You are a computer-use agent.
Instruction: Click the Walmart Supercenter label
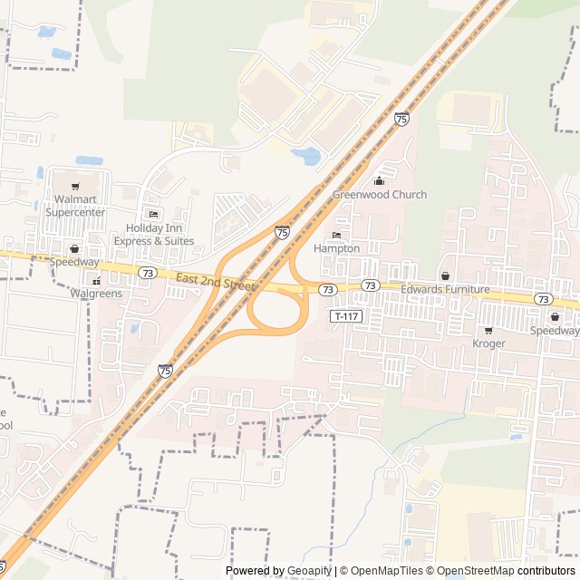pos(80,205)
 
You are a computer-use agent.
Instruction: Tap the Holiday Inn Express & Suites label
pos(153,234)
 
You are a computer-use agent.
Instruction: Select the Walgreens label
pos(95,294)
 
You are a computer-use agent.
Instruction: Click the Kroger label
pos(488,344)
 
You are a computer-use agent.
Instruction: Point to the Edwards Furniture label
pos(445,290)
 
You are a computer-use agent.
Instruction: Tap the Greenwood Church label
pos(379,195)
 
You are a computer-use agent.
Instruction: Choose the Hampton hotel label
pos(336,248)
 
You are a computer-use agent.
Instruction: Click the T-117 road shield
pos(346,316)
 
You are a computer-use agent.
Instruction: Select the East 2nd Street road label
pos(216,283)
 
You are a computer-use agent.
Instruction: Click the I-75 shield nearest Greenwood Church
pos(401,119)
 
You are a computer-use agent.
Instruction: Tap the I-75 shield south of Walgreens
pos(165,370)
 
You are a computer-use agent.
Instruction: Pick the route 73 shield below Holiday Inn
pos(149,272)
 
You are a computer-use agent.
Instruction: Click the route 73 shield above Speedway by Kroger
pos(543,299)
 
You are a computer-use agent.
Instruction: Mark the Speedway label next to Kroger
pos(554,331)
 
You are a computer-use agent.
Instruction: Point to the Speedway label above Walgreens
pos(74,262)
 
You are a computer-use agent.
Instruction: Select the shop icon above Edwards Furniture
pos(445,275)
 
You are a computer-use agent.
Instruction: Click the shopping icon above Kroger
pos(488,331)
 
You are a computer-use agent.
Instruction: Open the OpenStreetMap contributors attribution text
pos(514,571)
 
